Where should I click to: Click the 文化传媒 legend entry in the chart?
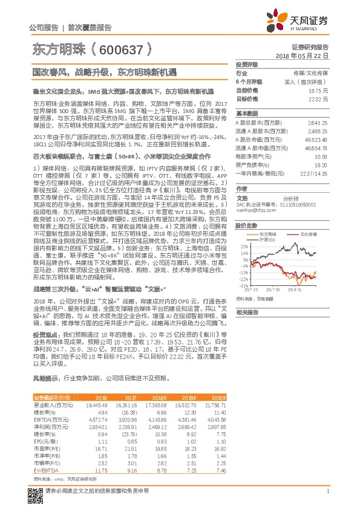click(x=308, y=233)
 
